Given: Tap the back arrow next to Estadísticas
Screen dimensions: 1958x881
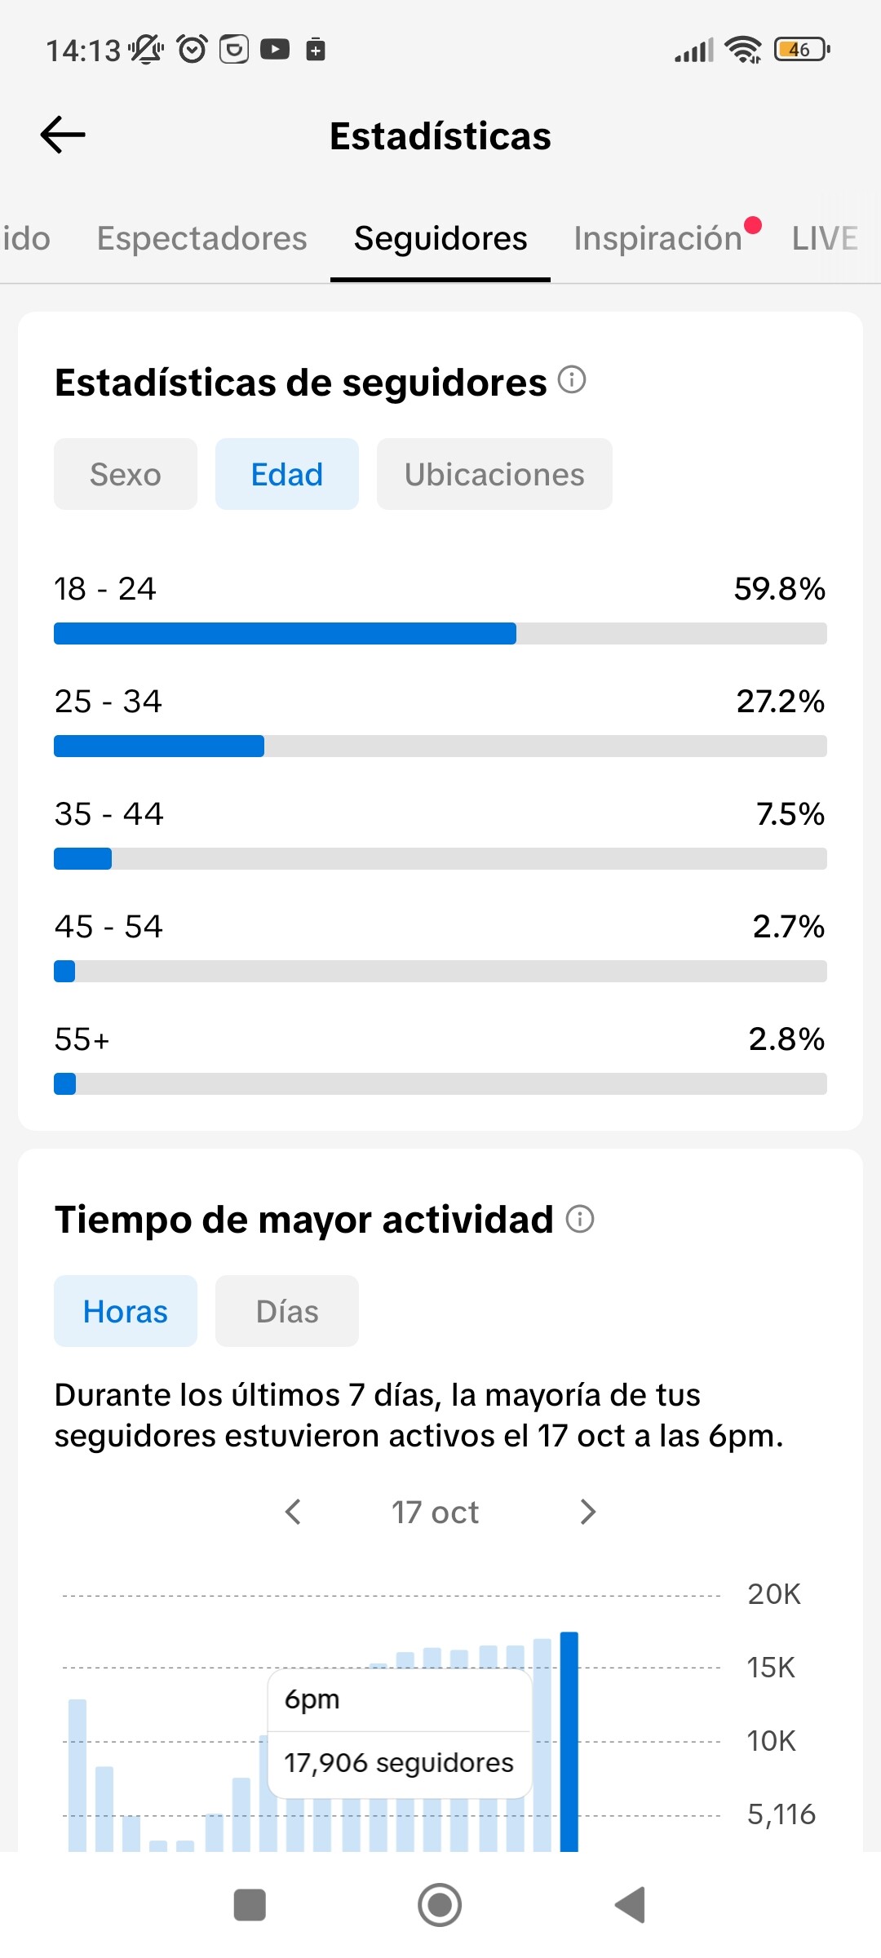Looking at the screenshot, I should tap(63, 135).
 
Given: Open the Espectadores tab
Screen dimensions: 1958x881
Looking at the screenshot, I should tap(201, 238).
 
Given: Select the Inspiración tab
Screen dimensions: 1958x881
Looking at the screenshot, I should tap(657, 238).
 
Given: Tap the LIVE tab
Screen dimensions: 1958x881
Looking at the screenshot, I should tap(825, 238).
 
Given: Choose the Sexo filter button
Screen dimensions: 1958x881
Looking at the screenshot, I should tap(126, 474).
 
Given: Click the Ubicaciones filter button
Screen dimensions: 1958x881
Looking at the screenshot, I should tap(494, 474).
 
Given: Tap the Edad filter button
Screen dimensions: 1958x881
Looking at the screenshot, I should tap(286, 474).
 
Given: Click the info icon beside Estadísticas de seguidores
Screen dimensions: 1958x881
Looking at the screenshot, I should tap(572, 379).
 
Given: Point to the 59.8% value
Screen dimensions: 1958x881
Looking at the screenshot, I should tap(779, 588).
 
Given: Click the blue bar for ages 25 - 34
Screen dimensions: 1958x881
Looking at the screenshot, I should tap(159, 746).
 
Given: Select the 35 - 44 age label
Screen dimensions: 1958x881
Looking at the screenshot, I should tap(108, 813).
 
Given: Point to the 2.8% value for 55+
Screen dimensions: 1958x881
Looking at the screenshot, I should tap(786, 1039).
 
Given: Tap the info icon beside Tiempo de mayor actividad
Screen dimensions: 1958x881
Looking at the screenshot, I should tap(580, 1219).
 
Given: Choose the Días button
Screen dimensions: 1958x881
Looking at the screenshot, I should tap(286, 1311).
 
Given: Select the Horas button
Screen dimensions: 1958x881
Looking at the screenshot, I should tap(126, 1311).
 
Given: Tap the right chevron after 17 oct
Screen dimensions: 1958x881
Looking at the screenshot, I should tap(587, 1512).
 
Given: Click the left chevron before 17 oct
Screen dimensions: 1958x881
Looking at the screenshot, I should tap(294, 1512).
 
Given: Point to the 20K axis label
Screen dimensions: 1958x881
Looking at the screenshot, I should tap(774, 1594).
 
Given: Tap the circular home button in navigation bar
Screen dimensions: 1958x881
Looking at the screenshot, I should tap(440, 1905).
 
